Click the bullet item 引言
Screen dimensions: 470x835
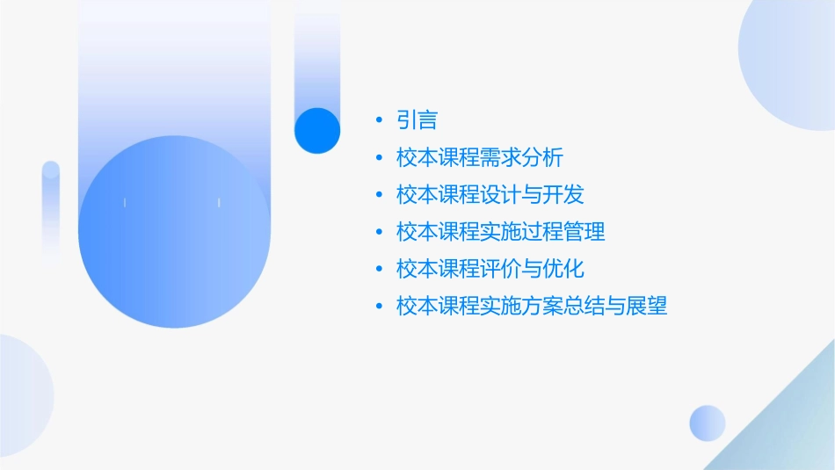[x=417, y=119]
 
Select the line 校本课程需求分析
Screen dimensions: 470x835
[x=479, y=158]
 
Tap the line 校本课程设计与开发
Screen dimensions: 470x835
[x=490, y=194]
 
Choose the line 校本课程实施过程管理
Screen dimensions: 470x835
[x=500, y=232]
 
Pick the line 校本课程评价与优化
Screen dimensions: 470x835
[x=490, y=268]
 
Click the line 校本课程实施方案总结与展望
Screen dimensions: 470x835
[x=532, y=306]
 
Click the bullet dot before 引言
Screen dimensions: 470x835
[x=379, y=119]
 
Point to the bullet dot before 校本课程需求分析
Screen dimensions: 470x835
[x=379, y=158]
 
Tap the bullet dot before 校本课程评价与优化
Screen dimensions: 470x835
[x=379, y=268]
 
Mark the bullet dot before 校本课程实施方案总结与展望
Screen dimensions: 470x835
[x=379, y=306]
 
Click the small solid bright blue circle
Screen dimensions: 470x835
[x=317, y=130]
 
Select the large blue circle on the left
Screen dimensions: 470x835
[x=174, y=230]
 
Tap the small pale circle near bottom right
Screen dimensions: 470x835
[x=708, y=423]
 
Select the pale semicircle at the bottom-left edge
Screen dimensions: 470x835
[x=22, y=395]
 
